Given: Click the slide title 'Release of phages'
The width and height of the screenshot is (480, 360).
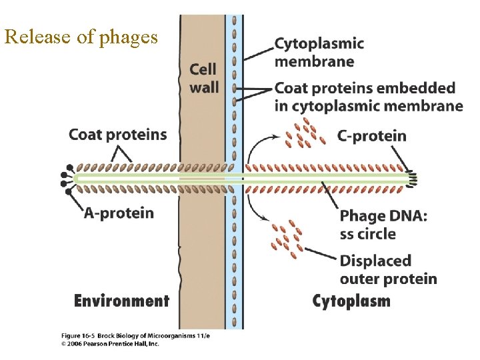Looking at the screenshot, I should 81,37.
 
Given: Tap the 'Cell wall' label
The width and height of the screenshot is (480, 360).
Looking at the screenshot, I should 203,78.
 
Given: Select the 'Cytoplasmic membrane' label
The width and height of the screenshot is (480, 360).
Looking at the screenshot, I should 319,53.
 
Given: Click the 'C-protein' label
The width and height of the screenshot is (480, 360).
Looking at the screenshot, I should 371,137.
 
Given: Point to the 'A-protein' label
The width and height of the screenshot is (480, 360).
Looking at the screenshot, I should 119,213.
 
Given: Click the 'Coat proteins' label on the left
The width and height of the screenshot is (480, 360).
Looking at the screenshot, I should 118,134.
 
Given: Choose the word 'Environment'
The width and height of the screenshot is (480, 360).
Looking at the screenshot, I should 121,301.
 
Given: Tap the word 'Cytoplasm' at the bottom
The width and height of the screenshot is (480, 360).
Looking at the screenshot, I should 351,301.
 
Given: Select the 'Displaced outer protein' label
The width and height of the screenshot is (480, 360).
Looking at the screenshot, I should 388,269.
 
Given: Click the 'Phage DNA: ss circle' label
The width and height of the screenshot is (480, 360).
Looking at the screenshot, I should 383,225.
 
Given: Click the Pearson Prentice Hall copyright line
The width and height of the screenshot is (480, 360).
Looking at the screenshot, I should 110,344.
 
